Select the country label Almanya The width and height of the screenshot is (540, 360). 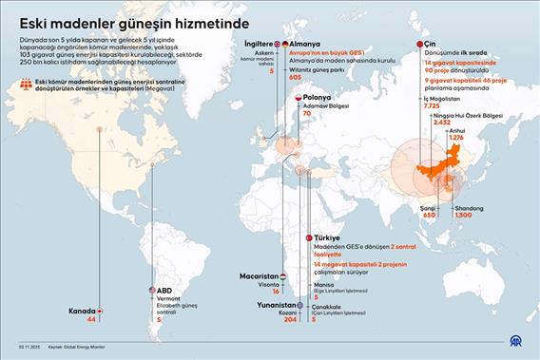[x=303, y=44]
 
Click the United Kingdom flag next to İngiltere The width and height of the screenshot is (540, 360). [x=278, y=44]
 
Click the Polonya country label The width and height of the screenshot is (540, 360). [x=320, y=98]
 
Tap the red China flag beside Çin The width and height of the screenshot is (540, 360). [x=420, y=44]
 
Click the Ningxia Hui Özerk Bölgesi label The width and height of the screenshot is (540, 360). [x=469, y=115]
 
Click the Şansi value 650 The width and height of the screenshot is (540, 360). [x=429, y=216]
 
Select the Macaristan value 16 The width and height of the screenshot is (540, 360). [x=275, y=293]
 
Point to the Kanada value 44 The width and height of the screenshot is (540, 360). [x=91, y=320]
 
